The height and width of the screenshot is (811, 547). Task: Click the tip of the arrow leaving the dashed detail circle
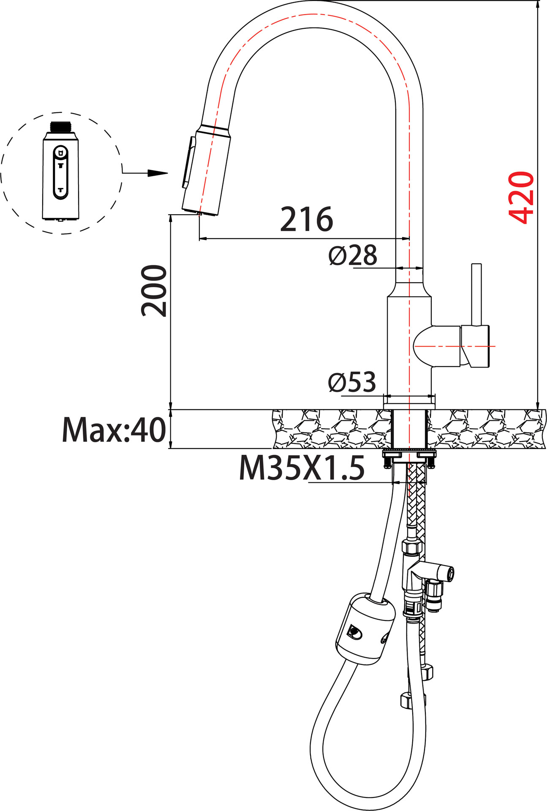(x=168, y=173)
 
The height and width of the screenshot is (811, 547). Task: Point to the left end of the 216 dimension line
(x=199, y=239)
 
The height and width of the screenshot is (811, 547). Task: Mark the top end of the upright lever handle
(x=476, y=264)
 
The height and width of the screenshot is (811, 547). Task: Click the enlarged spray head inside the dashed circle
(x=61, y=171)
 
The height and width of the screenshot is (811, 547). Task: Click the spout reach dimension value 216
(x=307, y=220)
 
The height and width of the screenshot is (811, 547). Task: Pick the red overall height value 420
(x=521, y=197)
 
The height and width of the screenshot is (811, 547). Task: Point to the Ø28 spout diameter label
(x=353, y=256)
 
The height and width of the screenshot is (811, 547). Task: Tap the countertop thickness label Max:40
(x=114, y=430)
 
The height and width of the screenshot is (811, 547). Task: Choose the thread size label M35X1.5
(x=302, y=468)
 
